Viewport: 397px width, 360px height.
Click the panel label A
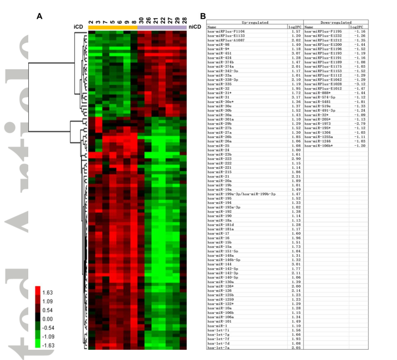tap(39, 16)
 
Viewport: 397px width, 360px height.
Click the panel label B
tap(202, 16)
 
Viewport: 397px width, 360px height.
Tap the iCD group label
tap(79, 27)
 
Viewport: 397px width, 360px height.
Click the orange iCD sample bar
tap(113, 27)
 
